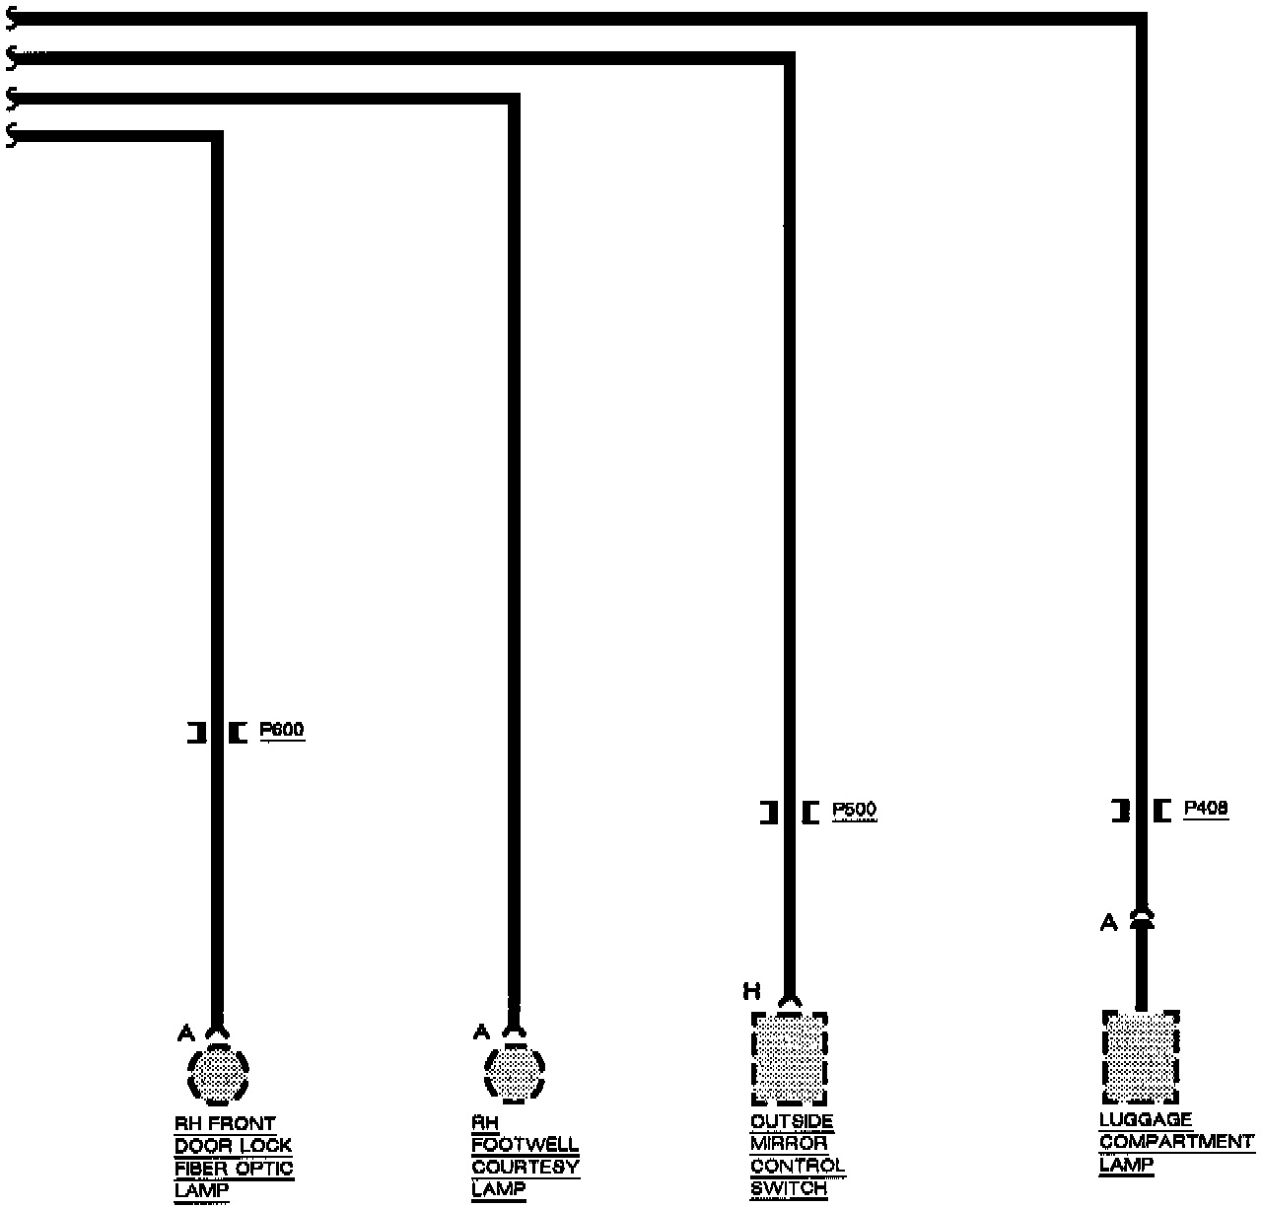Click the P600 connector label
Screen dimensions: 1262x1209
click(282, 731)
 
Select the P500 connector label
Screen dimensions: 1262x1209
click(854, 811)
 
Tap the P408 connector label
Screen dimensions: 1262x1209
click(1206, 809)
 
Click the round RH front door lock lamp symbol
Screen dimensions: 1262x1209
click(218, 1073)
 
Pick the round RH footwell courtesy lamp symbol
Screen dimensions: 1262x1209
click(514, 1072)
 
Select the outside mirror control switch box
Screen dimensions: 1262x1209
click(789, 1059)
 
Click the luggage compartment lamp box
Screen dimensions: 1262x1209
click(1141, 1057)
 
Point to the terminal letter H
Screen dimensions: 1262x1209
click(751, 990)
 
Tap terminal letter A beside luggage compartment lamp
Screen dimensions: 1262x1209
click(1109, 923)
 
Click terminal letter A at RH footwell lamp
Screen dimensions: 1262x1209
click(481, 1031)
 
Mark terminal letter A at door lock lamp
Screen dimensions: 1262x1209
click(185, 1032)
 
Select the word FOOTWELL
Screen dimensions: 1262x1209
click(525, 1145)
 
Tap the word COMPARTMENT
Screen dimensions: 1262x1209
click(1176, 1142)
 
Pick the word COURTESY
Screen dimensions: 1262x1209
click(525, 1167)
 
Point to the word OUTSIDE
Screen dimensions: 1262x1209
click(792, 1122)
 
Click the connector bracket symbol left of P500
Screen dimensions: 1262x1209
click(769, 813)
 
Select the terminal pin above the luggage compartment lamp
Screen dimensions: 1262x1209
click(1141, 920)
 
